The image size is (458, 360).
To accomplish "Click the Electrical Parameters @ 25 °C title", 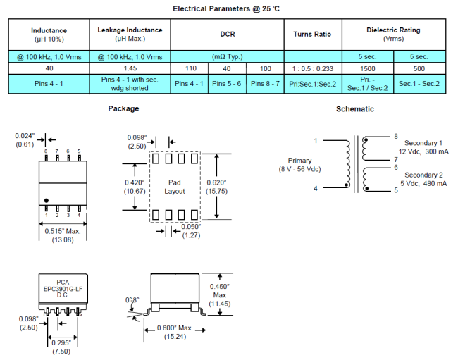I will point(229,8).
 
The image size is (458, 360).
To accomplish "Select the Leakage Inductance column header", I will point(130,34).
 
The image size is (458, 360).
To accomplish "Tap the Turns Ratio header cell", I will point(312,34).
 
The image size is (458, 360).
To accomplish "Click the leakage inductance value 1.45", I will point(130,68).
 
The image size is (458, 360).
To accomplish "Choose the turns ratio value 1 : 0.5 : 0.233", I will point(312,68).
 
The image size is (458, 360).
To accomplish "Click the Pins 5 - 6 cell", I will point(227,84).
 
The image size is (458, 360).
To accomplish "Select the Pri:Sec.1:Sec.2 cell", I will point(312,84).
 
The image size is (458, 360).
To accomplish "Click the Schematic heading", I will point(355,109).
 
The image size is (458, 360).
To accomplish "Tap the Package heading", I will point(123,108).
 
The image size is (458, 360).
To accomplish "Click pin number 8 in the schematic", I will point(396,136).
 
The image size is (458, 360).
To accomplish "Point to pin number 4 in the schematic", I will point(315,188).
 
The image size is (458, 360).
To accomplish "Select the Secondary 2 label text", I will point(423,175).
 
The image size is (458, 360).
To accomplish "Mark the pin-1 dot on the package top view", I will point(47,201).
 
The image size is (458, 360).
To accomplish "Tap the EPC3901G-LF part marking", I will point(58,289).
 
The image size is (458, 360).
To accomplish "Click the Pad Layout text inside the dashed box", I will point(175,187).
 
